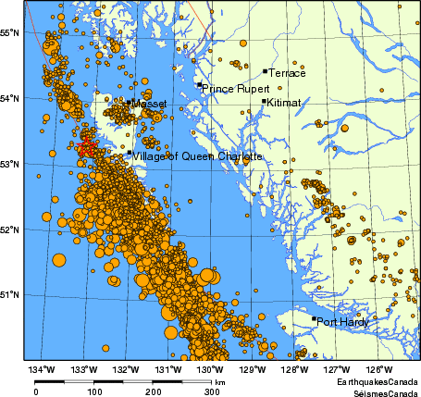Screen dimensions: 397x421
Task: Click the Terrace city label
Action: click(286, 72)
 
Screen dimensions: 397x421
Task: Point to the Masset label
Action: click(149, 105)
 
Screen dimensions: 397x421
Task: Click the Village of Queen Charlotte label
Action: click(198, 157)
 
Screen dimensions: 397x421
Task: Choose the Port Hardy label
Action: click(342, 323)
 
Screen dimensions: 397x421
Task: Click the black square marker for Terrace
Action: click(265, 70)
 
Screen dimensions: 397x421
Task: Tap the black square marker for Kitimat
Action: click(264, 102)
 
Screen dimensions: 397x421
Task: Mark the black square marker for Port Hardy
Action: click(314, 319)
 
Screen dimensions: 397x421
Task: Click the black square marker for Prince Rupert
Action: click(199, 85)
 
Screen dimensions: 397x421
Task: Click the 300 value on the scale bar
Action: click(212, 391)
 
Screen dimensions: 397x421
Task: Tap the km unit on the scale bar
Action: click(220, 381)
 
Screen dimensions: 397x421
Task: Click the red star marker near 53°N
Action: click(85, 148)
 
